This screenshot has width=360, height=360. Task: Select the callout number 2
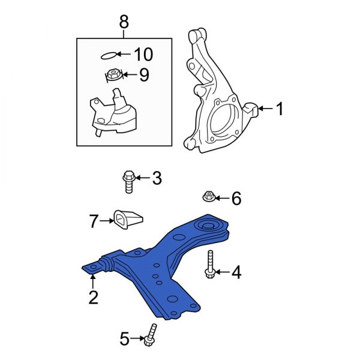click(93, 297)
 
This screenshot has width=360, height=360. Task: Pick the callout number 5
click(124, 340)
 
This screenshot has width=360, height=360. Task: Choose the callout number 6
click(236, 198)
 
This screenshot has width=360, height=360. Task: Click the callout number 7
click(94, 221)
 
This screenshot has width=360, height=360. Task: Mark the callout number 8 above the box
click(124, 23)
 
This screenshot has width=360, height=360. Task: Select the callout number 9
click(143, 76)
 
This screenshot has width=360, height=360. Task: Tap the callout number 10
click(143, 55)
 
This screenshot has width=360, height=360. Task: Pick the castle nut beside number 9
click(114, 76)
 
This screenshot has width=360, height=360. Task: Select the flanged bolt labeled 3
click(127, 181)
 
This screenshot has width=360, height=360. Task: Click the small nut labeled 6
click(208, 196)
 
